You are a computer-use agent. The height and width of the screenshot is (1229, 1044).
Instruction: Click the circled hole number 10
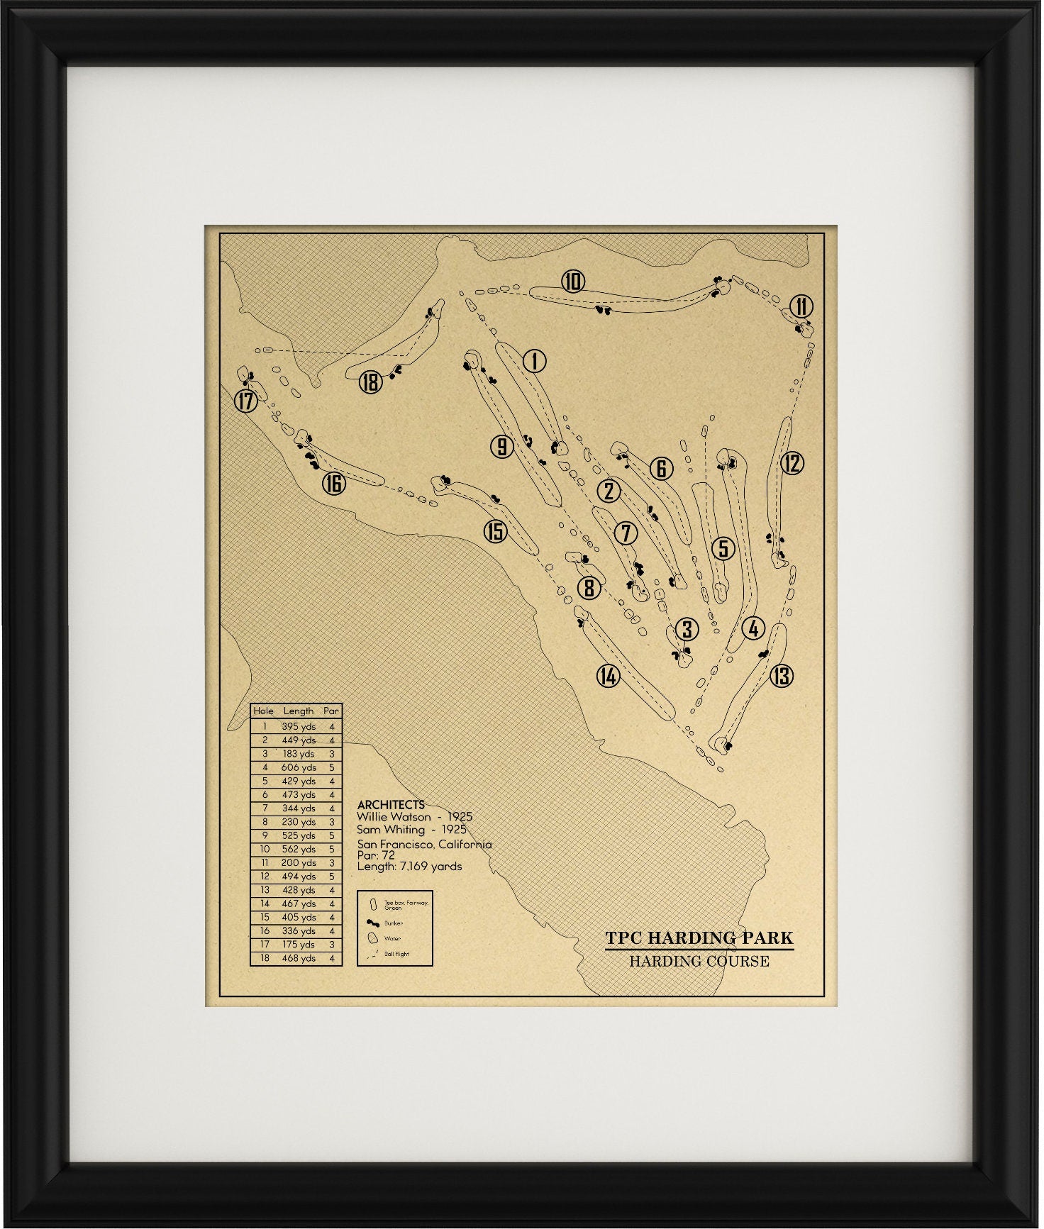[572, 282]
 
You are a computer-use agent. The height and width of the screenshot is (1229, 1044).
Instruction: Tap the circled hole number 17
[245, 401]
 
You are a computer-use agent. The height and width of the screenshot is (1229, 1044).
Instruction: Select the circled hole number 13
[782, 675]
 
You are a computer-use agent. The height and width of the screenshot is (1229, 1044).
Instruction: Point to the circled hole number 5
[723, 547]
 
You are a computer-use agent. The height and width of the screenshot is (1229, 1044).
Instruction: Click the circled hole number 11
[801, 306]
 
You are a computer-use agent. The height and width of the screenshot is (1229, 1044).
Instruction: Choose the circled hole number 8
[589, 587]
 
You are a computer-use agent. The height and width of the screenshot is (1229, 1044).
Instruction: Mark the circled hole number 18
[370, 383]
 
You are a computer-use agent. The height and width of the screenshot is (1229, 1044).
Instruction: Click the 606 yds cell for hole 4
[299, 767]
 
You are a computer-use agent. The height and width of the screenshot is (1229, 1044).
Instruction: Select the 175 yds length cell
[299, 945]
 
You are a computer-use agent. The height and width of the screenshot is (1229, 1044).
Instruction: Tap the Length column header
[299, 711]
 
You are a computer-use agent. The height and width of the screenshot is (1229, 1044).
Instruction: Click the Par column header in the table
[331, 711]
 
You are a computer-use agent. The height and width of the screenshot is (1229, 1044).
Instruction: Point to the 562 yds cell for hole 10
[299, 849]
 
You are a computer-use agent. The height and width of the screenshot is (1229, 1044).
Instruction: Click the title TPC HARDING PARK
[699, 938]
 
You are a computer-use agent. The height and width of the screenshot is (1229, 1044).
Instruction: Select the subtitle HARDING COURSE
[699, 962]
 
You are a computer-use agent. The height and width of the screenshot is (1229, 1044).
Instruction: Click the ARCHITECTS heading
[391, 805]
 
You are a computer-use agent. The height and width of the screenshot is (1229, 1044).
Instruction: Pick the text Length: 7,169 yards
[409, 866]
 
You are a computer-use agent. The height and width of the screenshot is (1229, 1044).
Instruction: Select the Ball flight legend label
[397, 954]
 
